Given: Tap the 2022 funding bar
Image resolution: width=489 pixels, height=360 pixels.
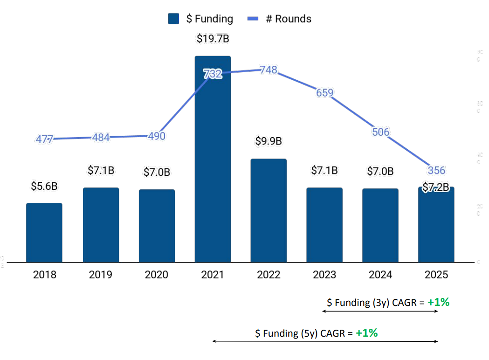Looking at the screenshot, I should (269, 210).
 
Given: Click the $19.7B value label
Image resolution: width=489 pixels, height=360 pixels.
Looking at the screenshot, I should (213, 39).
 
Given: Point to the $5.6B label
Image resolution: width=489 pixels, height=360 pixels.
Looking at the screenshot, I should (44, 186).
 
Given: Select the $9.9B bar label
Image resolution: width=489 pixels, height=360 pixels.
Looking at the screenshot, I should (269, 141).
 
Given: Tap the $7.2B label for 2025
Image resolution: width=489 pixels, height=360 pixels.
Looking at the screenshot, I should (436, 187).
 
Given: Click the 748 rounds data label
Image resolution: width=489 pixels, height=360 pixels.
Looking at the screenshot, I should (269, 70).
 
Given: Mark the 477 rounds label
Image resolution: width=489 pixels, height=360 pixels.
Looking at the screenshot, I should (44, 139).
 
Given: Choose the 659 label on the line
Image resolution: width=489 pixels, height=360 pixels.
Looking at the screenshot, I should (324, 92).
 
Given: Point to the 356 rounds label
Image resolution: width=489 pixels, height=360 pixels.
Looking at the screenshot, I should (436, 170).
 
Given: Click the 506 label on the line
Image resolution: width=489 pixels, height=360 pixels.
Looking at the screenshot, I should (380, 132).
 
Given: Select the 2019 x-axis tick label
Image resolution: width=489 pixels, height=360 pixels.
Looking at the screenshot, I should (100, 275).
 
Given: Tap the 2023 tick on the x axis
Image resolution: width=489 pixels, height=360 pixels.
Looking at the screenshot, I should (324, 275).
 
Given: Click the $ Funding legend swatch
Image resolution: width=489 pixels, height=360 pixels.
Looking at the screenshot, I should (173, 19).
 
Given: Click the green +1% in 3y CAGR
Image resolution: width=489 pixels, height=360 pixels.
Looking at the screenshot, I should (438, 302).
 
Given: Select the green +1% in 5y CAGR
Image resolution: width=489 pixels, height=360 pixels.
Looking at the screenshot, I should (366, 333).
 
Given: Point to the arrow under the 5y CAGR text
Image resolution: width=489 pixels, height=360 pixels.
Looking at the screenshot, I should (325, 342).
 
